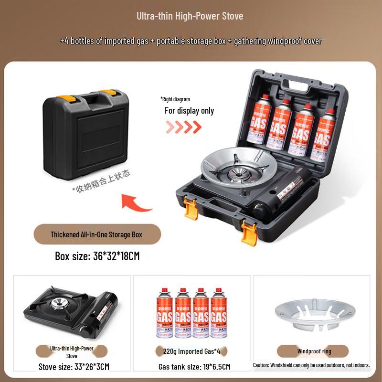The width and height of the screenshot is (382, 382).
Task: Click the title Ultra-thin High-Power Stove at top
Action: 191,16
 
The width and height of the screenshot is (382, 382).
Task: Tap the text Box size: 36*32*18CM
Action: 97,256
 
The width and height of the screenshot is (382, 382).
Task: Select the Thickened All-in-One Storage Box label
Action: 96,234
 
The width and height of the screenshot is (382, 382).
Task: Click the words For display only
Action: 189,111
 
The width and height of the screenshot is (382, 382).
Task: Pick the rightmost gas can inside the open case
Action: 323,135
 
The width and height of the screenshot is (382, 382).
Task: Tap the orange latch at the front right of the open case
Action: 249,230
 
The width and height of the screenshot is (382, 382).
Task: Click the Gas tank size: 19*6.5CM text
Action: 194,367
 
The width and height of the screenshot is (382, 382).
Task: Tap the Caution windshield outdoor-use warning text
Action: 311,365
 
